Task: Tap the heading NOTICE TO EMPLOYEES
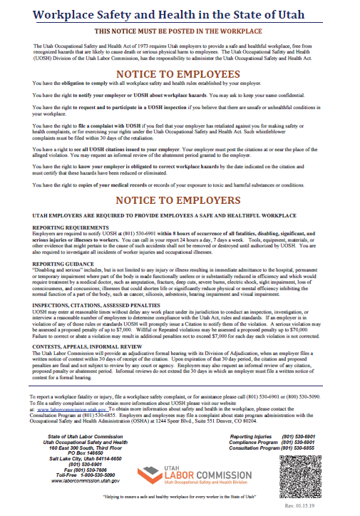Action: (179, 74)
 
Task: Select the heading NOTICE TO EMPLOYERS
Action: (179, 200)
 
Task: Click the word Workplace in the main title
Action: (63, 14)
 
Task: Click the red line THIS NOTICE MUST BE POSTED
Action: (179, 32)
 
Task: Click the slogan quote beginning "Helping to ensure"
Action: (179, 494)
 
